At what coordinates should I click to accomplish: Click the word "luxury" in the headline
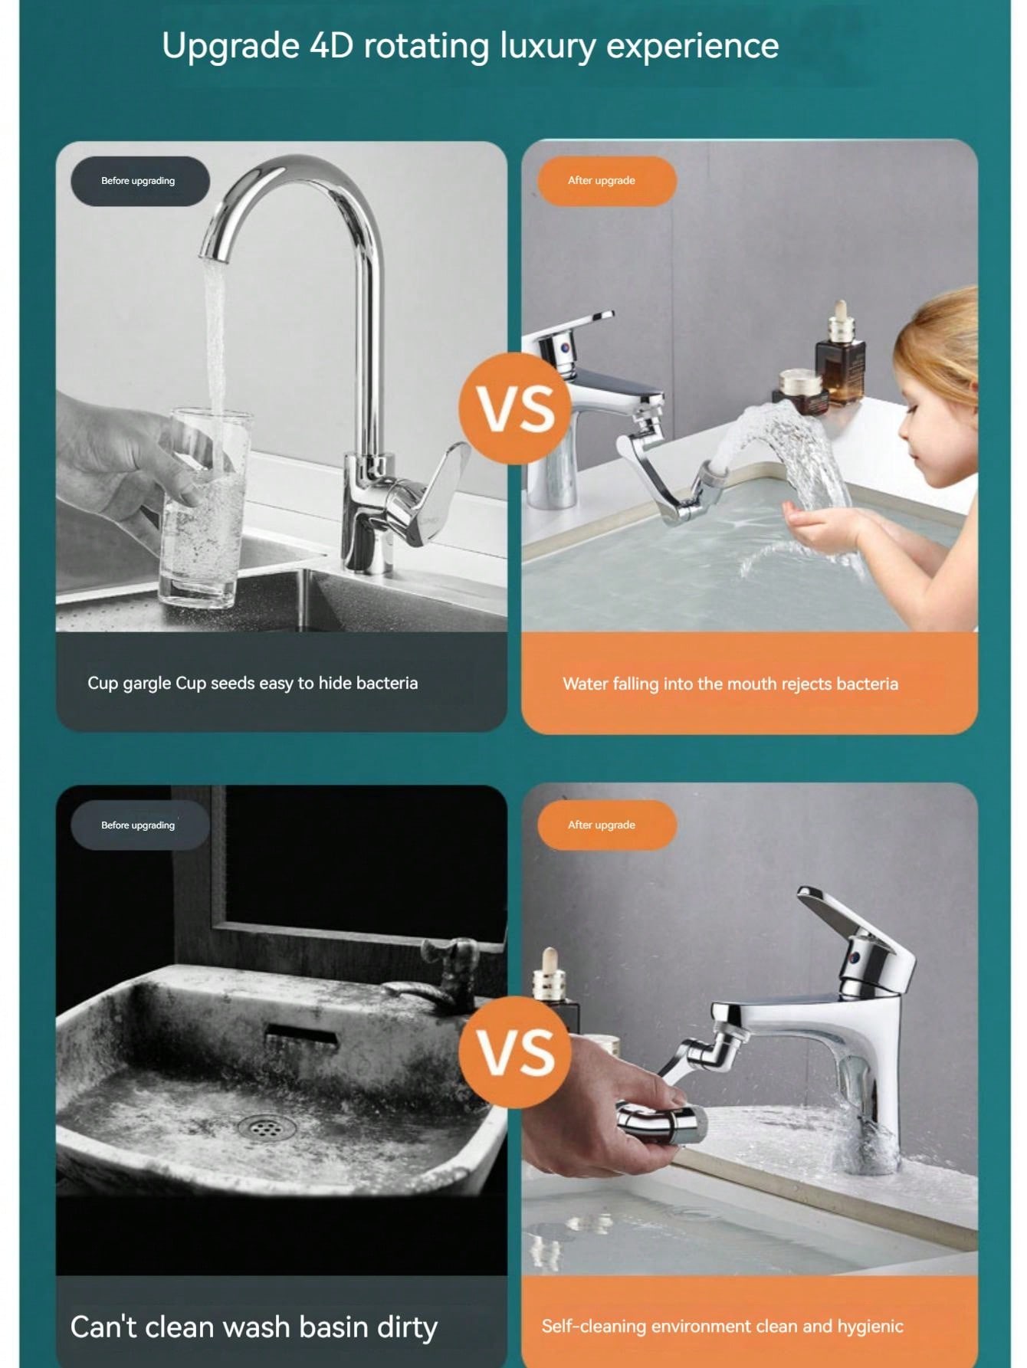click(x=547, y=46)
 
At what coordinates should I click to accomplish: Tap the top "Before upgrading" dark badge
click(x=139, y=181)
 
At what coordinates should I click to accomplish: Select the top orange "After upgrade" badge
click(x=606, y=181)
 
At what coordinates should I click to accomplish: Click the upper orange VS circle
click(x=515, y=408)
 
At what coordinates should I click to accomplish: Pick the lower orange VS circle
click(x=515, y=1051)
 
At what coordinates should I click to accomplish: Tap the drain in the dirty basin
click(x=265, y=1127)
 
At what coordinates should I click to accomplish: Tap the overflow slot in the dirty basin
click(x=301, y=1039)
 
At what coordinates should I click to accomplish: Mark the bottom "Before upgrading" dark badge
click(x=139, y=825)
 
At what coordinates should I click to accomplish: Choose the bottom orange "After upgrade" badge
click(x=606, y=825)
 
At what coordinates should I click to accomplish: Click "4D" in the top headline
click(x=331, y=46)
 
